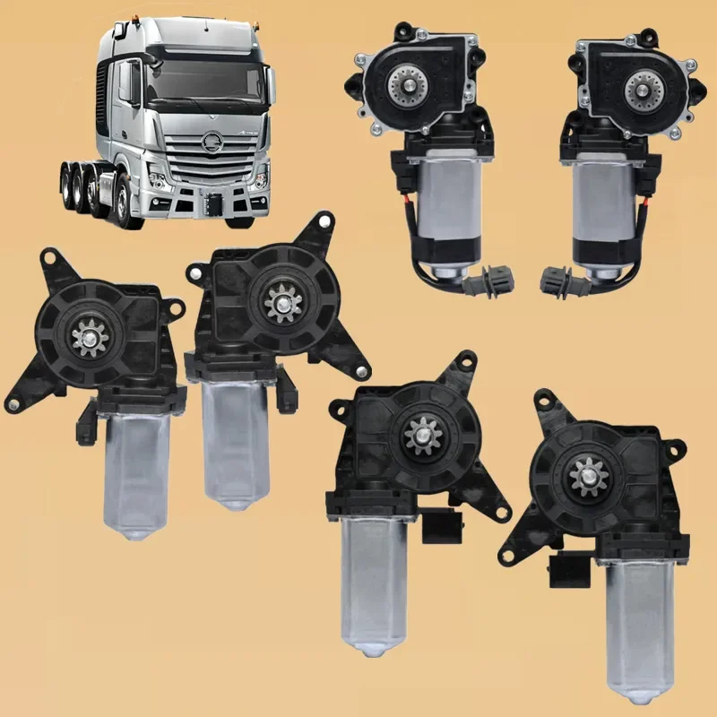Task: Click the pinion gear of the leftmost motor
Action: [x=88, y=336]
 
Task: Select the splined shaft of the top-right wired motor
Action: [x=643, y=86]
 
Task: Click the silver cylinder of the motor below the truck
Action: [x=235, y=439]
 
